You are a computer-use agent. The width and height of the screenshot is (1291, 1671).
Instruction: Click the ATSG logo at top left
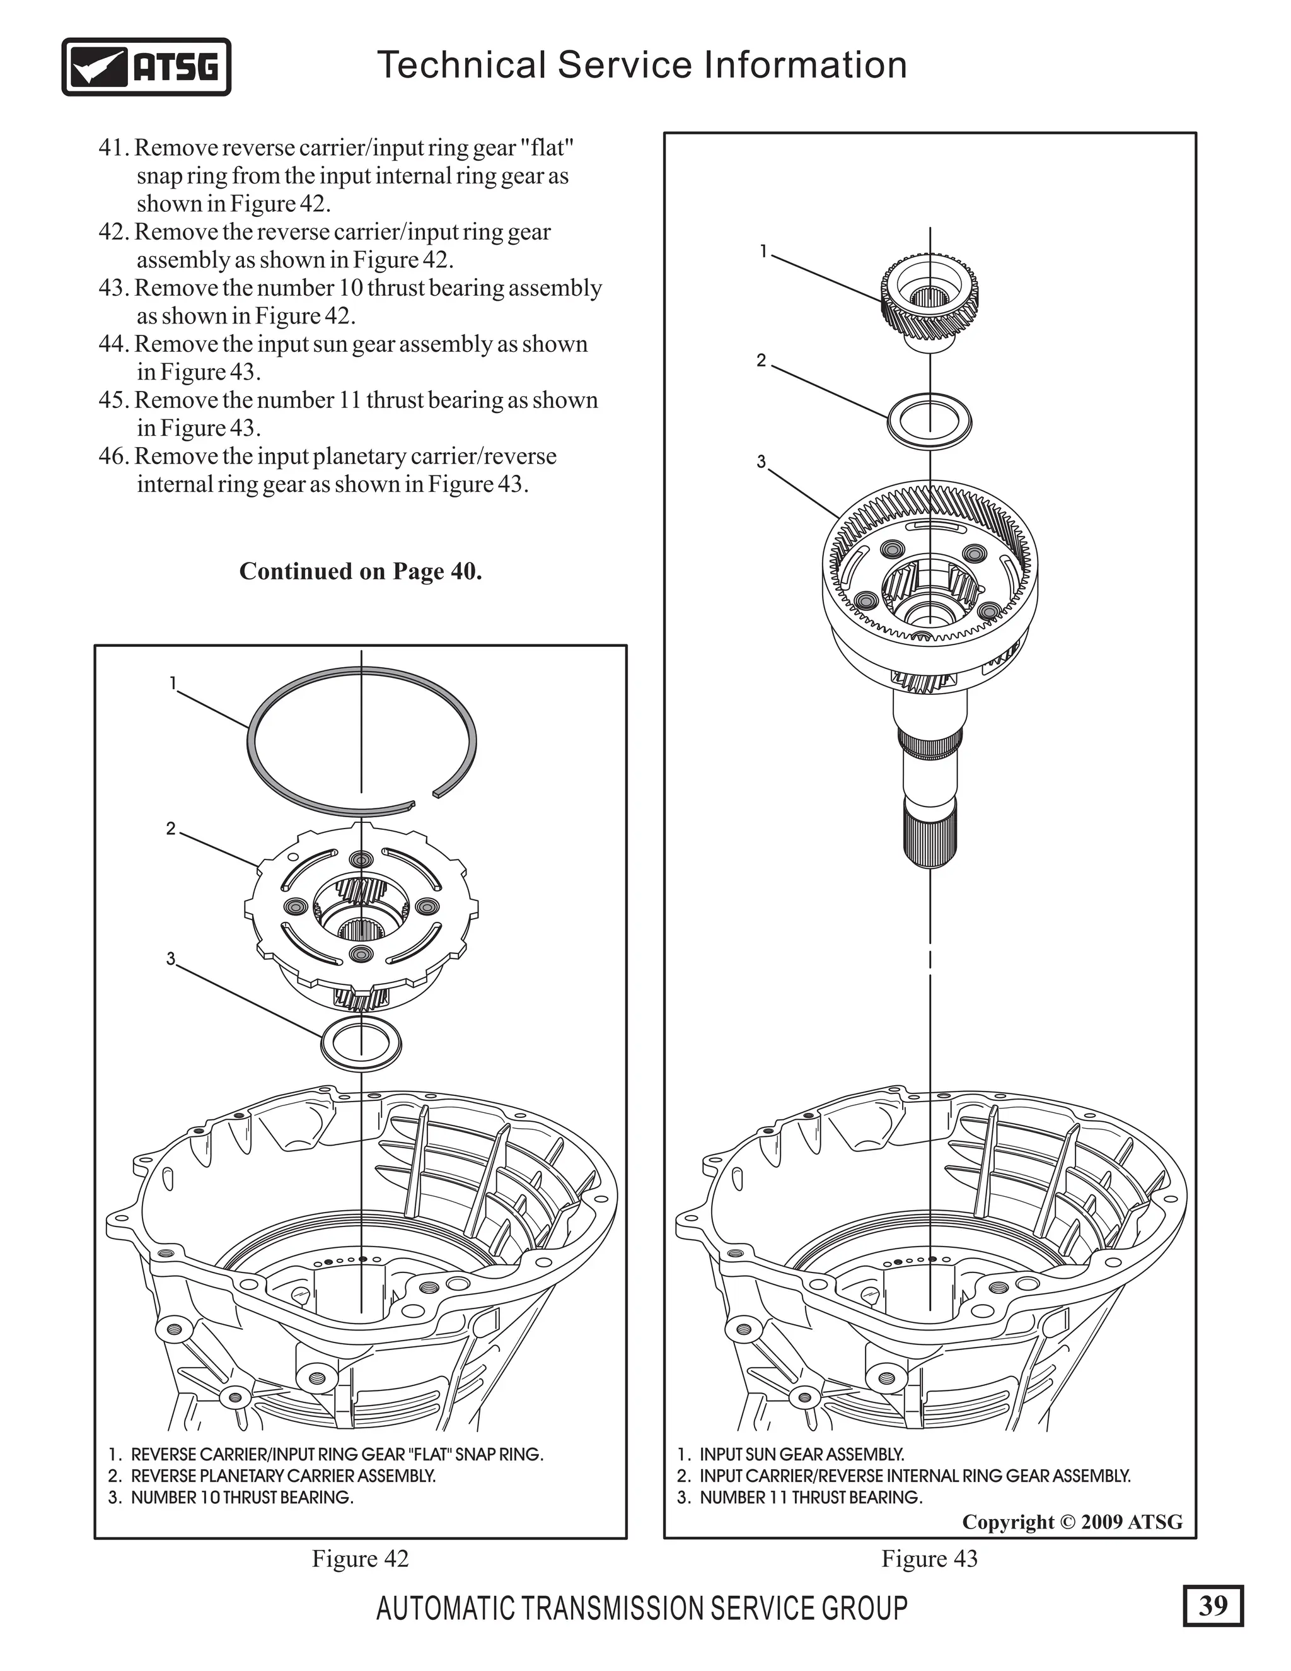[146, 67]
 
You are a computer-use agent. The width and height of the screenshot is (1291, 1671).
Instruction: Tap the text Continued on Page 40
[360, 571]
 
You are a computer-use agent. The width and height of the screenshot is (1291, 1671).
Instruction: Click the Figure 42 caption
[360, 1559]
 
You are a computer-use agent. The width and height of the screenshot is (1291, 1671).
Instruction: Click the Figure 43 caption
[929, 1559]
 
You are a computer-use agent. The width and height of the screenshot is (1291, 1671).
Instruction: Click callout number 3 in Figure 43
[761, 462]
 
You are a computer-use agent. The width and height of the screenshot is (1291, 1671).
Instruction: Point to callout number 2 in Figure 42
[171, 829]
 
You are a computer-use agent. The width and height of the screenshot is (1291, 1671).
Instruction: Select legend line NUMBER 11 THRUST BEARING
[800, 1498]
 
